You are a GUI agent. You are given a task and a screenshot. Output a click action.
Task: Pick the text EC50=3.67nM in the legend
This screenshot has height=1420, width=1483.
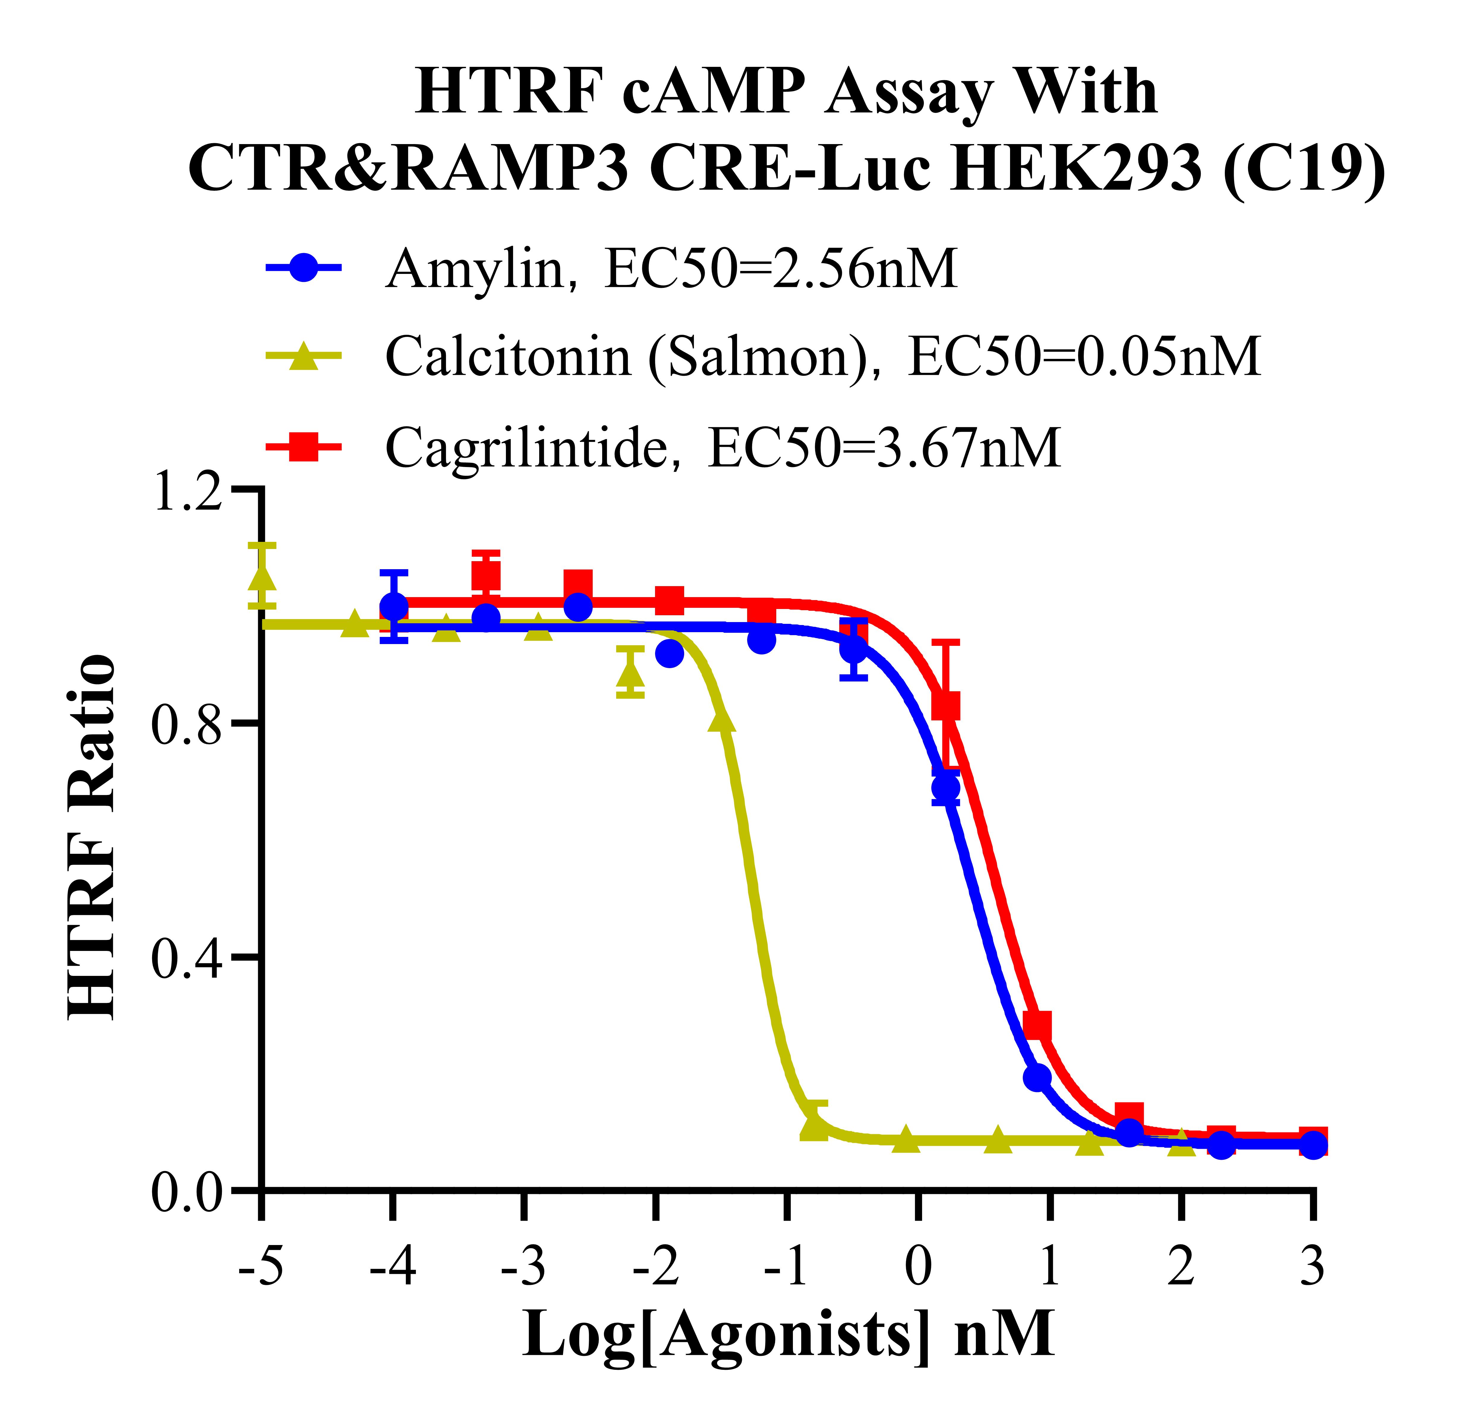point(884,448)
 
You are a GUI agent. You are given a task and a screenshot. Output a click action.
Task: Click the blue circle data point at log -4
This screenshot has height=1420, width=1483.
point(393,606)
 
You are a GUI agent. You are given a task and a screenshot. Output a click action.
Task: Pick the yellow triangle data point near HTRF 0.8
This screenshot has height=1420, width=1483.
point(722,720)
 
